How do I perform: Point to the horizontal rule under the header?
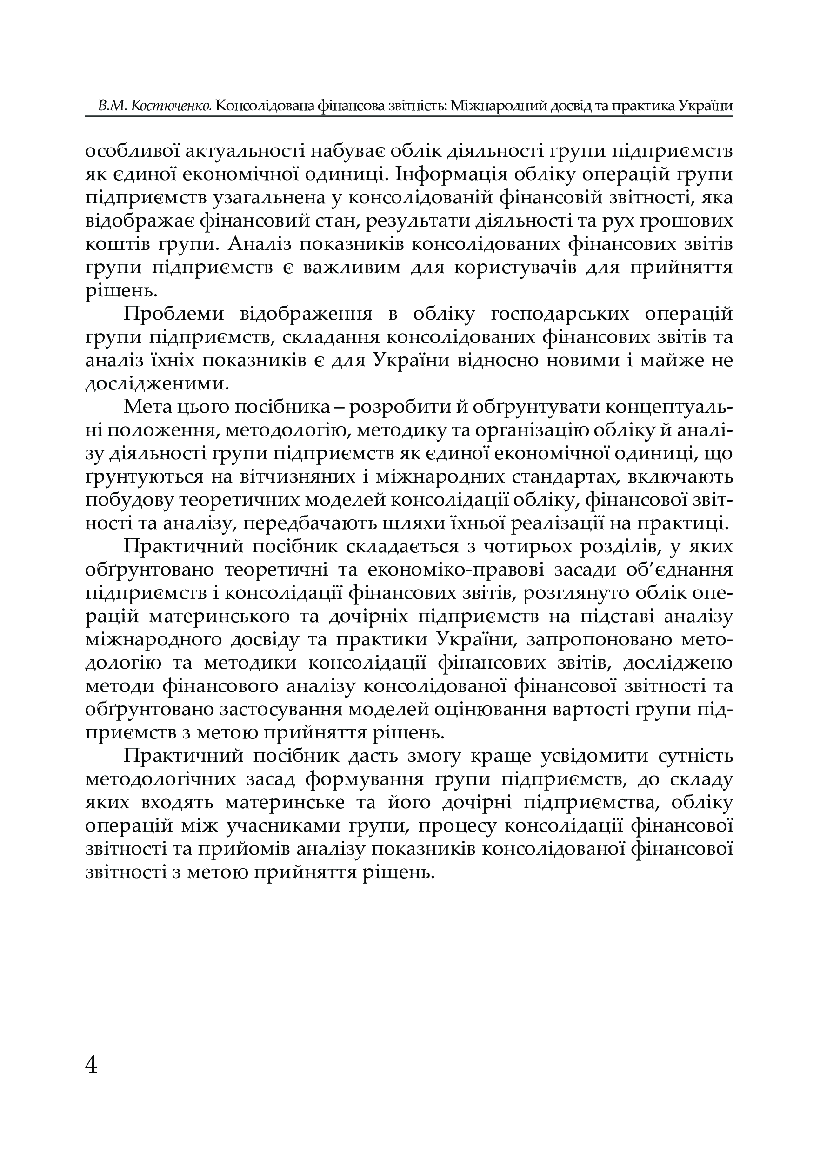(x=408, y=117)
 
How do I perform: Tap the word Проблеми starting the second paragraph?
(x=168, y=314)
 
